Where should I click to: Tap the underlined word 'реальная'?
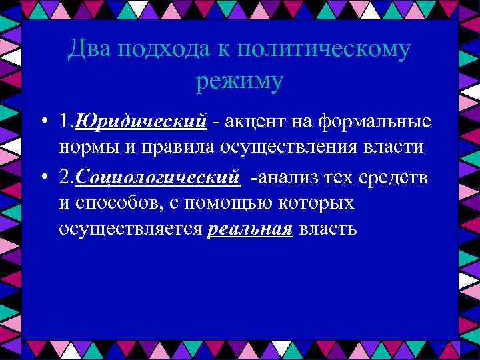tap(250, 229)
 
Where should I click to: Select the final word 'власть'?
tap(328, 229)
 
